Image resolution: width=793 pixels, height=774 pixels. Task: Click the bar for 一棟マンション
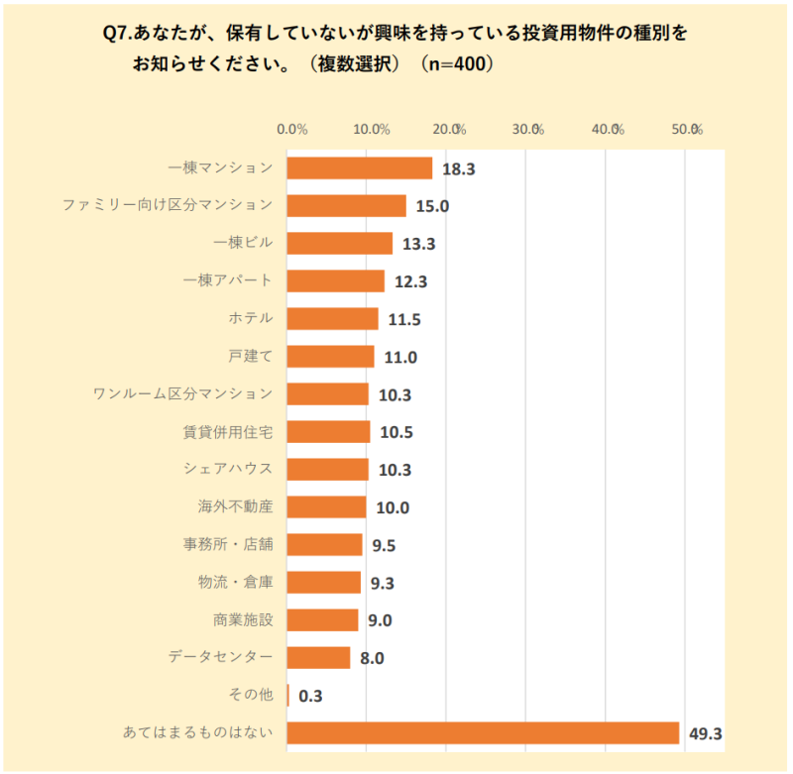(360, 168)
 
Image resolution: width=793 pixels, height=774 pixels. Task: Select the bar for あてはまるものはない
(483, 733)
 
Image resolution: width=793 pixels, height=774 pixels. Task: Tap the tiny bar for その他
(288, 696)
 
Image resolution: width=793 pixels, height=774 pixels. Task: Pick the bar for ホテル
(332, 319)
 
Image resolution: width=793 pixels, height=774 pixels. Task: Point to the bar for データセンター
(318, 658)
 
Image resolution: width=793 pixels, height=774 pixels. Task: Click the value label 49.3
(706, 734)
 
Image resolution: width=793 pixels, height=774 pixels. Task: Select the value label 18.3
(459, 169)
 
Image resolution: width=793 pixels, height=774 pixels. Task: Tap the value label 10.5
(396, 433)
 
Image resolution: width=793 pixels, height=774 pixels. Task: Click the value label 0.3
(311, 697)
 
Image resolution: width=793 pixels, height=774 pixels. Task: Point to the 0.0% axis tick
(292, 129)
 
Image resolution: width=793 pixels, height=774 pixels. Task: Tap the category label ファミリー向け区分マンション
(167, 205)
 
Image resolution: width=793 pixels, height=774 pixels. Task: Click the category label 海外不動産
(235, 506)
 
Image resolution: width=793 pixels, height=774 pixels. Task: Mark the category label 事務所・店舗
(227, 544)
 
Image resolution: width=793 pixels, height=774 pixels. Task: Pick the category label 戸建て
(250, 356)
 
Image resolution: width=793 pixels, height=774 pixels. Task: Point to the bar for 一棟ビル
(340, 244)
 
